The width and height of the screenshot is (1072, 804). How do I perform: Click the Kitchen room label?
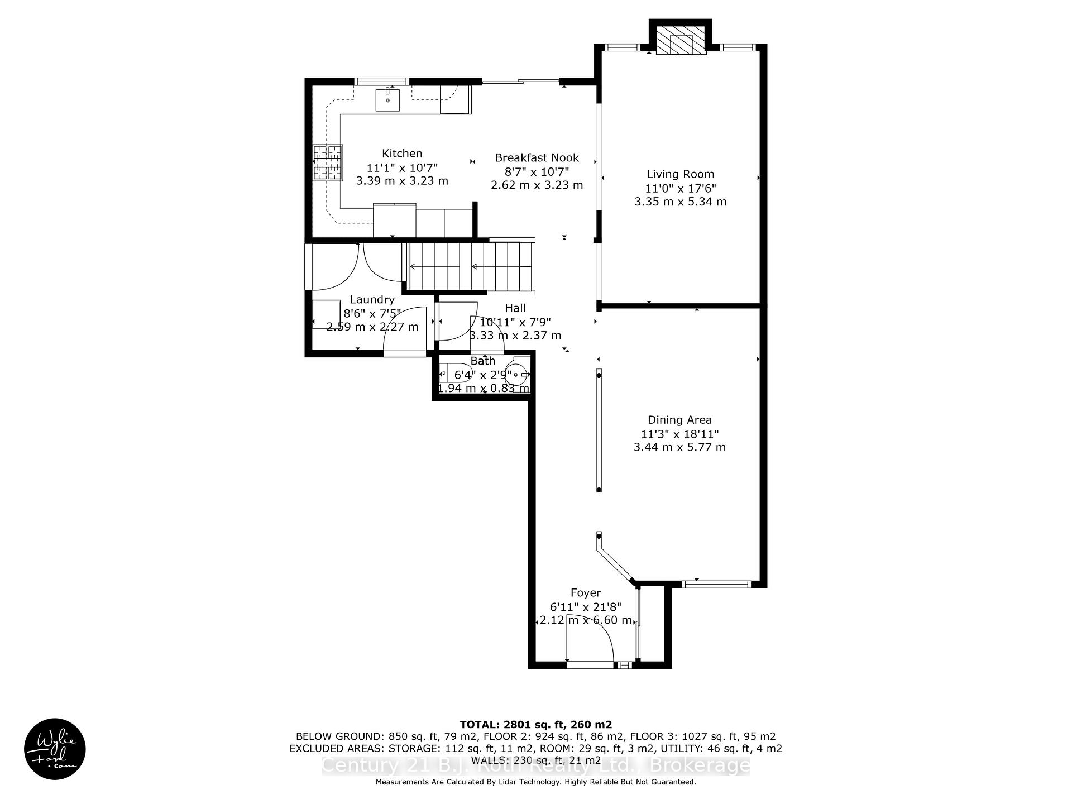click(401, 154)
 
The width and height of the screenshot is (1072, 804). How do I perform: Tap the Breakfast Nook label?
click(537, 158)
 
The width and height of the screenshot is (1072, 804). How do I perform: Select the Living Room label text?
click(680, 174)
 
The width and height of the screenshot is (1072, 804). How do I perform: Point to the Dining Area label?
click(679, 420)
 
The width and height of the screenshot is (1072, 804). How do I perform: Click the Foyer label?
click(585, 593)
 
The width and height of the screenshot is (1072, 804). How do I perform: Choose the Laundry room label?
click(372, 300)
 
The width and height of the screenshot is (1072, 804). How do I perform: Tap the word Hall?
click(515, 308)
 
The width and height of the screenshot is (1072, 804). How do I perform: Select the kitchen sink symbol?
click(387, 100)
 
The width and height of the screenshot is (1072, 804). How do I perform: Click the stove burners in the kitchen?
click(328, 162)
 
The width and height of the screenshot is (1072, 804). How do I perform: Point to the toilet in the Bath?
click(451, 372)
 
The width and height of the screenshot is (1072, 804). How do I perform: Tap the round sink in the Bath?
click(518, 374)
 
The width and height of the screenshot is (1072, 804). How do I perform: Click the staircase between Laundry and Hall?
click(469, 266)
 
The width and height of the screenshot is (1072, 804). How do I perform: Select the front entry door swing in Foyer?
click(590, 639)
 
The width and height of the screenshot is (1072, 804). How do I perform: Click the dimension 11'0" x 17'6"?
click(680, 189)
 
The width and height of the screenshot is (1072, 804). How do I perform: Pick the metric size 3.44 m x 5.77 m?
click(679, 447)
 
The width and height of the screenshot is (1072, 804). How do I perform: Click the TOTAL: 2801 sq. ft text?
click(535, 725)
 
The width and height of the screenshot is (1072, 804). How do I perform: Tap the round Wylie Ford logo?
click(55, 749)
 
